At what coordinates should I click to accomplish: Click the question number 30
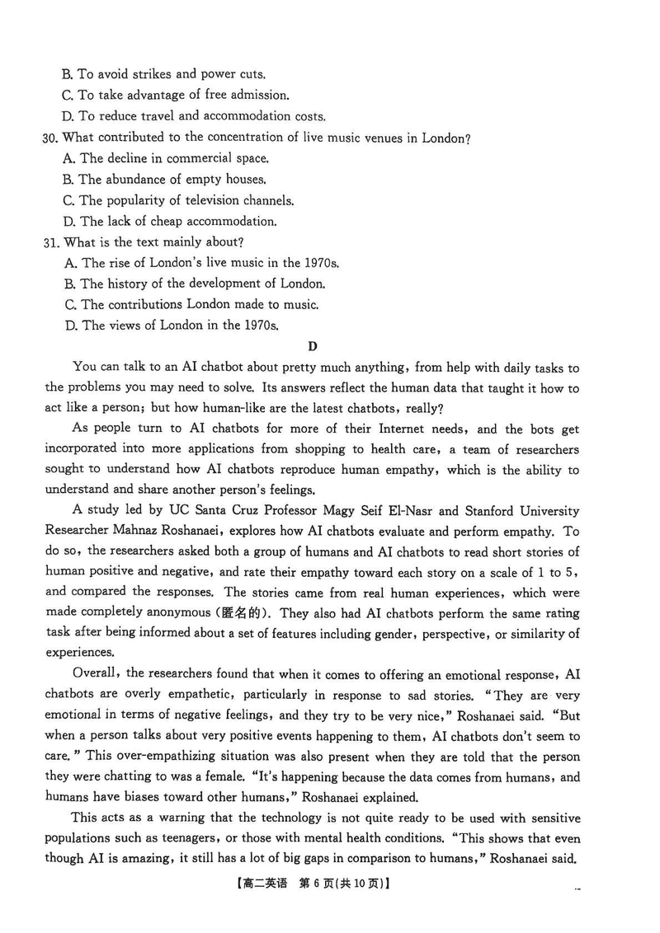[x=50, y=138]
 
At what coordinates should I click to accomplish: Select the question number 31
[x=50, y=242]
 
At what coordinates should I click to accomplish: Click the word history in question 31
[x=130, y=284]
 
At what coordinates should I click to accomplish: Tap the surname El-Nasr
[x=375, y=512]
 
